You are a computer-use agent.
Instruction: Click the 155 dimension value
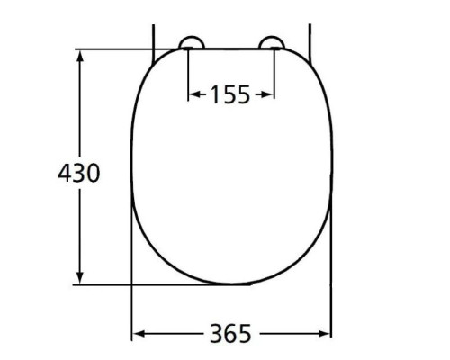230,94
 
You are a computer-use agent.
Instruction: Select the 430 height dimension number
78,173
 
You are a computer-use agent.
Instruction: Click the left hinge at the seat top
193,42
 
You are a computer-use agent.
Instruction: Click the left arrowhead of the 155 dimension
192,94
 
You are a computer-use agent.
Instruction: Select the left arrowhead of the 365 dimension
138,334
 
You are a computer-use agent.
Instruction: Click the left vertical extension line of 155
187,72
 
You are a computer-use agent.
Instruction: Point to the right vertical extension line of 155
274,72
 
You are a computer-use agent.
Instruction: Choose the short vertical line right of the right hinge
310,36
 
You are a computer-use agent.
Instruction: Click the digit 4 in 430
64,173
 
